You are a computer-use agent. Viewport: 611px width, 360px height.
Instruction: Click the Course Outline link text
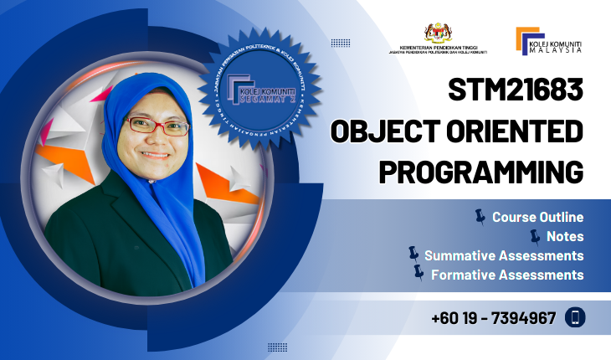(537, 218)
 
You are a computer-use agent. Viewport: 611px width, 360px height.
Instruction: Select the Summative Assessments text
(504, 255)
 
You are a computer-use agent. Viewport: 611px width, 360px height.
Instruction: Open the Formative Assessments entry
(507, 274)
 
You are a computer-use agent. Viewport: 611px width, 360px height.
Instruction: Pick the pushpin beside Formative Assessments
(418, 272)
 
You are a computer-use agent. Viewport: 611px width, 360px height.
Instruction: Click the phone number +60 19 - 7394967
(494, 318)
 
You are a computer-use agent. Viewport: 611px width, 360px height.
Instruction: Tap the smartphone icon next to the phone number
(575, 317)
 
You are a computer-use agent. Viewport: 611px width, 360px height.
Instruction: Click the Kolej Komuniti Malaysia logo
(549, 40)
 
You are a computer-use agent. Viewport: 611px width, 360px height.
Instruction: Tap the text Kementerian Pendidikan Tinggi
(439, 48)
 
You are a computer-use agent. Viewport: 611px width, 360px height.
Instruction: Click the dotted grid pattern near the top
(341, 43)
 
